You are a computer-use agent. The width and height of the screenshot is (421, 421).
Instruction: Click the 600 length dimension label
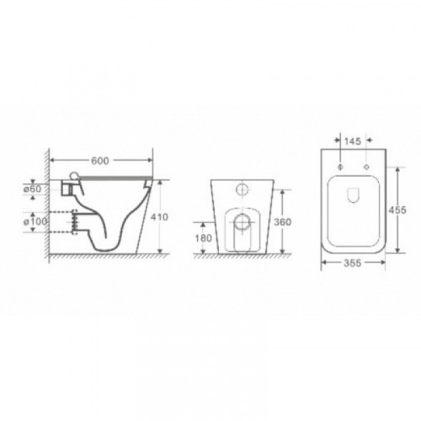[100, 161]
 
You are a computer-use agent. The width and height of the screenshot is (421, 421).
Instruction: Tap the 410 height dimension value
[159, 217]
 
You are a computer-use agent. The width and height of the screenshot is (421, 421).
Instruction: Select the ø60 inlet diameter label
[32, 189]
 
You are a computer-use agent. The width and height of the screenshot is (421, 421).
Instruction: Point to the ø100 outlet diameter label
[35, 221]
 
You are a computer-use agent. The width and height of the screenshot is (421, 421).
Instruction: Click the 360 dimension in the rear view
[282, 222]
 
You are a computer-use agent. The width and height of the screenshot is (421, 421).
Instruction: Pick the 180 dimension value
[203, 238]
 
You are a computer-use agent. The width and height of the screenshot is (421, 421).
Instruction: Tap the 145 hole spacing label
[353, 141]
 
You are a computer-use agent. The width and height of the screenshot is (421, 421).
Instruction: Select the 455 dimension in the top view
[397, 210]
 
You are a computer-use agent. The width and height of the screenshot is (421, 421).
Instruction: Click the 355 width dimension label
[353, 263]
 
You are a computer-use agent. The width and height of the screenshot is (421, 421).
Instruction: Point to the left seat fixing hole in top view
[340, 167]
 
